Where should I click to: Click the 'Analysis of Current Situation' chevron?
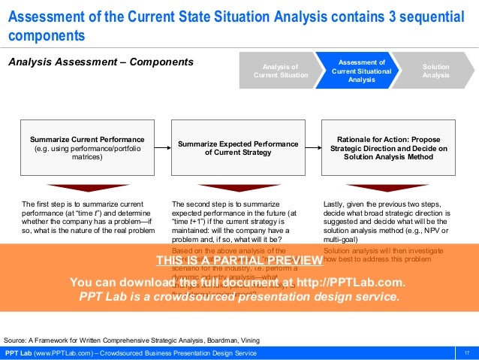click(x=276, y=71)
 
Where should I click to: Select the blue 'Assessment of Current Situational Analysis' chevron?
click(x=361, y=71)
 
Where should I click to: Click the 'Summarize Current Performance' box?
click(x=88, y=148)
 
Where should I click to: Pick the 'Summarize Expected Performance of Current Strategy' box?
click(x=237, y=148)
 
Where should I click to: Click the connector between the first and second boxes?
click(x=163, y=148)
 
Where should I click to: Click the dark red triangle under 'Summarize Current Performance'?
click(x=88, y=188)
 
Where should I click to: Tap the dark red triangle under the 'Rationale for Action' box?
click(x=387, y=188)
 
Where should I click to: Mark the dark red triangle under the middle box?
click(x=237, y=188)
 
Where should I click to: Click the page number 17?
click(x=466, y=353)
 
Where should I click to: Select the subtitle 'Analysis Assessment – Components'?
click(x=101, y=61)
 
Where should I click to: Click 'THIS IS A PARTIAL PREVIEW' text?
click(x=239, y=261)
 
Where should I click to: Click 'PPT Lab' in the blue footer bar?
click(x=17, y=353)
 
